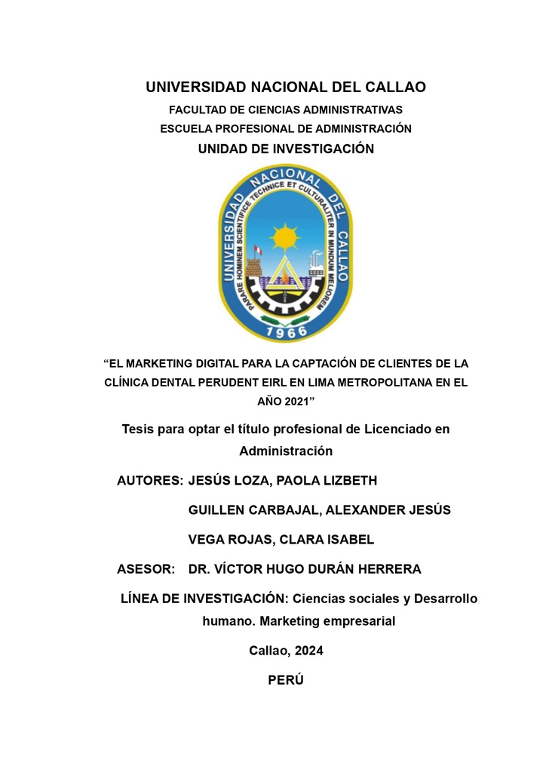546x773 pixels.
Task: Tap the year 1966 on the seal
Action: pyautogui.click(x=286, y=331)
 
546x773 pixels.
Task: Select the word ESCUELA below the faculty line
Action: pyautogui.click(x=186, y=129)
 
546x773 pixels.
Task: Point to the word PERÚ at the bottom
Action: pyautogui.click(x=286, y=679)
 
